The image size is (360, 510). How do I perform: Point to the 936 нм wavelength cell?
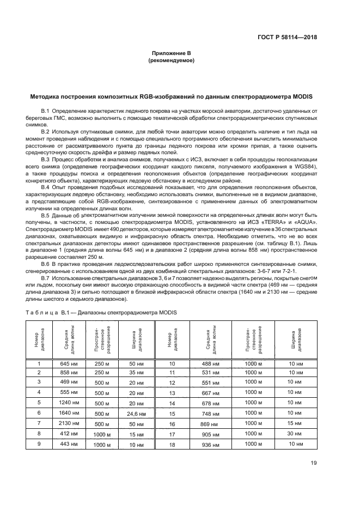[209, 445]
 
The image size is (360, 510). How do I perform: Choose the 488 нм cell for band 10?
[209, 363]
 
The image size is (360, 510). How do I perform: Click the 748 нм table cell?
[209, 413]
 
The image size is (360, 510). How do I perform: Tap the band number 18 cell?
[172, 445]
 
